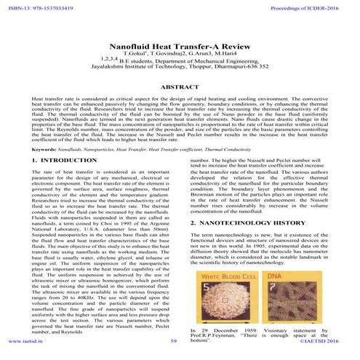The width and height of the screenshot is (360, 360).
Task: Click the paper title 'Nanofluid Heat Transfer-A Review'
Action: point(179,45)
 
